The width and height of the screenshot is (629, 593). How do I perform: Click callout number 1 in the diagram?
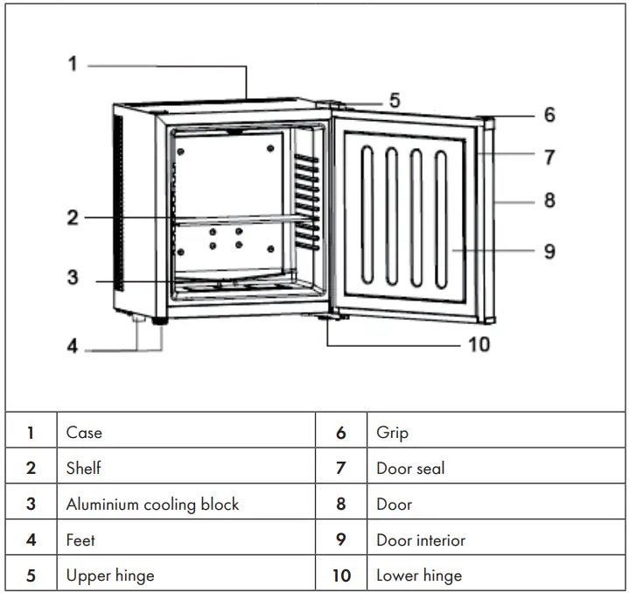click(x=73, y=64)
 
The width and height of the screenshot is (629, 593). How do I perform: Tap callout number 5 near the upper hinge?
click(x=395, y=100)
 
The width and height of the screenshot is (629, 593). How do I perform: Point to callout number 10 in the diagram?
click(x=479, y=344)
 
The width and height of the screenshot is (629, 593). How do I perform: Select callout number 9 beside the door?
click(x=549, y=251)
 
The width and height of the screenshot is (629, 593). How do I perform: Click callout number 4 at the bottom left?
click(x=73, y=346)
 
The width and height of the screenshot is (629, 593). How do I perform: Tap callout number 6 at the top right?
click(x=549, y=115)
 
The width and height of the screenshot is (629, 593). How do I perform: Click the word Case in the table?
click(x=84, y=432)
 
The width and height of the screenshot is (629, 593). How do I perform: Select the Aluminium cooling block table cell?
click(x=152, y=504)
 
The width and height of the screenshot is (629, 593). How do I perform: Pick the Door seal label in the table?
click(x=410, y=468)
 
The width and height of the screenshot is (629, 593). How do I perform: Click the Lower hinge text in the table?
click(x=419, y=575)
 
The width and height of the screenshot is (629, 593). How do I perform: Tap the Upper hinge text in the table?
click(x=110, y=575)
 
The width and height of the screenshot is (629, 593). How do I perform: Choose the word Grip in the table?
click(x=392, y=432)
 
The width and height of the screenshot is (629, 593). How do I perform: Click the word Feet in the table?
click(x=80, y=540)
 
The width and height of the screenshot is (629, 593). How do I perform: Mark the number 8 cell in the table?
click(x=340, y=504)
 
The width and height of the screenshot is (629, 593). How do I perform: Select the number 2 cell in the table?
click(x=31, y=468)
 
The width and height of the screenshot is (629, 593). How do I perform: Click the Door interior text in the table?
click(x=421, y=540)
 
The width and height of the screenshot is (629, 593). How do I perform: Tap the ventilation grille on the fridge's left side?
click(x=118, y=210)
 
